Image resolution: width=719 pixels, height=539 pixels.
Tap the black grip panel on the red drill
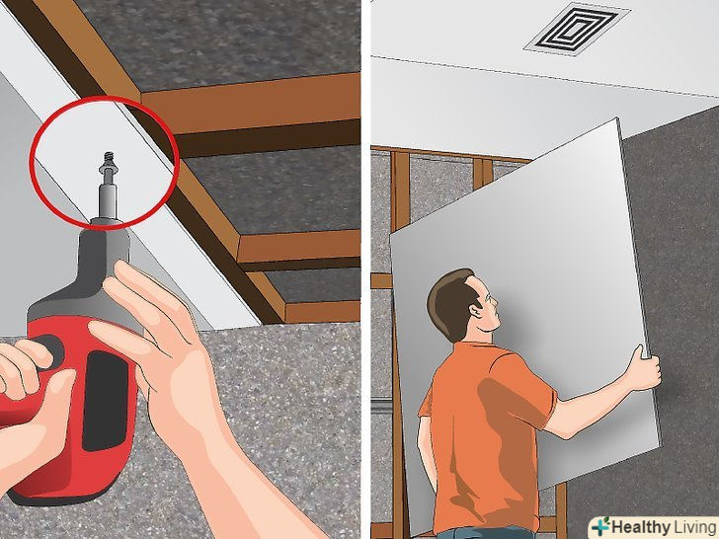tap(105, 401)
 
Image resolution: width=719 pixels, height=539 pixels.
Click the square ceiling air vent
tap(577, 30)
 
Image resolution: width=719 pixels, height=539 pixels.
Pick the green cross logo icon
tap(600, 526)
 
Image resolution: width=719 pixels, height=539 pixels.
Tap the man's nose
tap(494, 302)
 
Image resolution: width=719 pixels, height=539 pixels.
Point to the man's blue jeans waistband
tap(487, 534)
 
